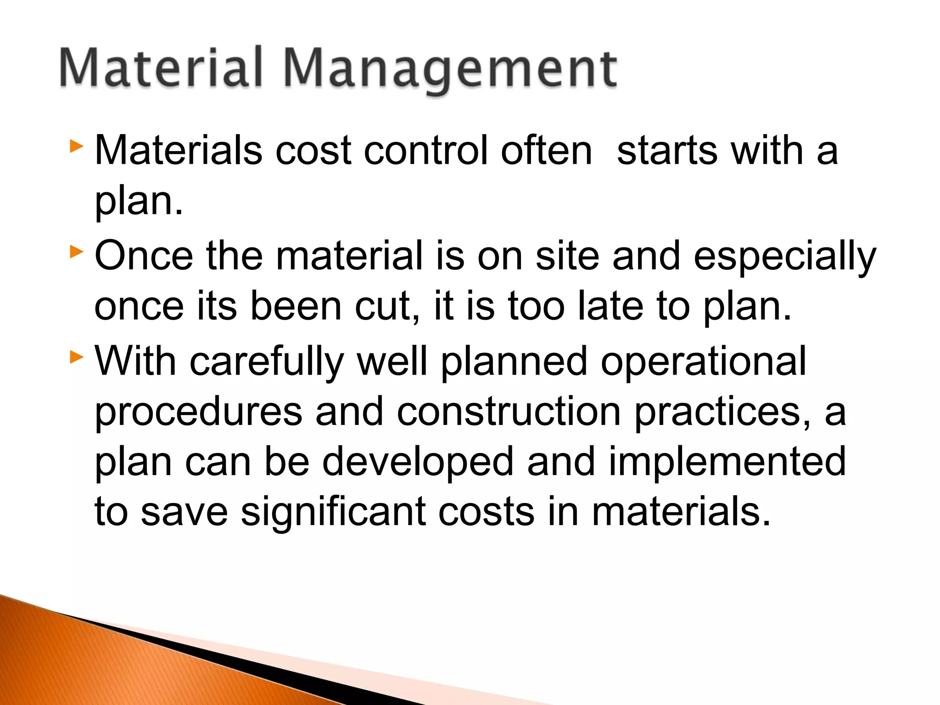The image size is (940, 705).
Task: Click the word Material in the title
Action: click(x=161, y=67)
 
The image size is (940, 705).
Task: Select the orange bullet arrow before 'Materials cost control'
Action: click(x=76, y=147)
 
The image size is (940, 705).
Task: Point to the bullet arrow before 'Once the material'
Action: click(x=76, y=252)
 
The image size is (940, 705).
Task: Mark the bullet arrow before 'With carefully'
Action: click(x=76, y=357)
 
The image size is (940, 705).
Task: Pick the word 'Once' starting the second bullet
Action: click(x=144, y=256)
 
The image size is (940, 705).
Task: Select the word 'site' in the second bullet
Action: click(x=567, y=256)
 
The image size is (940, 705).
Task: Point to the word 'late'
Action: click(x=610, y=306)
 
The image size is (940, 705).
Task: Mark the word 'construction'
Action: click(x=509, y=412)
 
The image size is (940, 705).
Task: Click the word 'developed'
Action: click(x=418, y=463)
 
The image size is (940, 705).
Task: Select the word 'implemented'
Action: click(x=727, y=463)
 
